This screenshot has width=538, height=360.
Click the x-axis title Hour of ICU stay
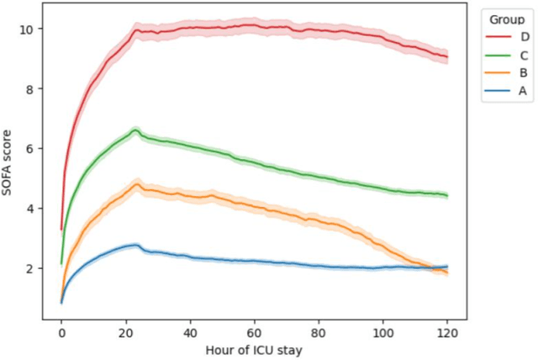coord(254,349)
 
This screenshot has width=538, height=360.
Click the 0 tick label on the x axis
coord(61,331)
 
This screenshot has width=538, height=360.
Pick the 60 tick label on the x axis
coord(254,331)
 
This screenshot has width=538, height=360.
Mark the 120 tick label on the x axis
coord(447,331)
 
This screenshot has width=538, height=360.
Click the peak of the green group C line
coord(135,130)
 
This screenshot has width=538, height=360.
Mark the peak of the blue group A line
coord(135,245)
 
